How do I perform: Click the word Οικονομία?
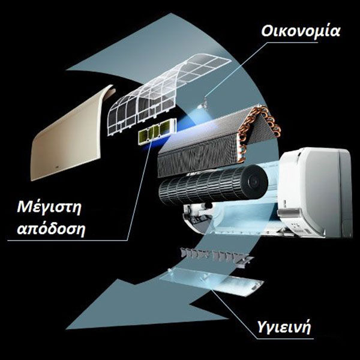coord(301,31)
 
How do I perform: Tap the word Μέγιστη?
coord(49,208)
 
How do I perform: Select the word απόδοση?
coord(51,229)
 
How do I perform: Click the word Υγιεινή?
coord(284,327)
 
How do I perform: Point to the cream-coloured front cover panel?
coord(69,136)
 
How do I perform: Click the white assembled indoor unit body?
coord(314,192)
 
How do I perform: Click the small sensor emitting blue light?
coord(203,105)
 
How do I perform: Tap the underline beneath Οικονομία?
coord(292,42)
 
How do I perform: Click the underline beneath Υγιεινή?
coord(284,338)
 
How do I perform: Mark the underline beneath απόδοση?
coord(67,241)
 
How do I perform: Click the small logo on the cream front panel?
coord(57,166)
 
